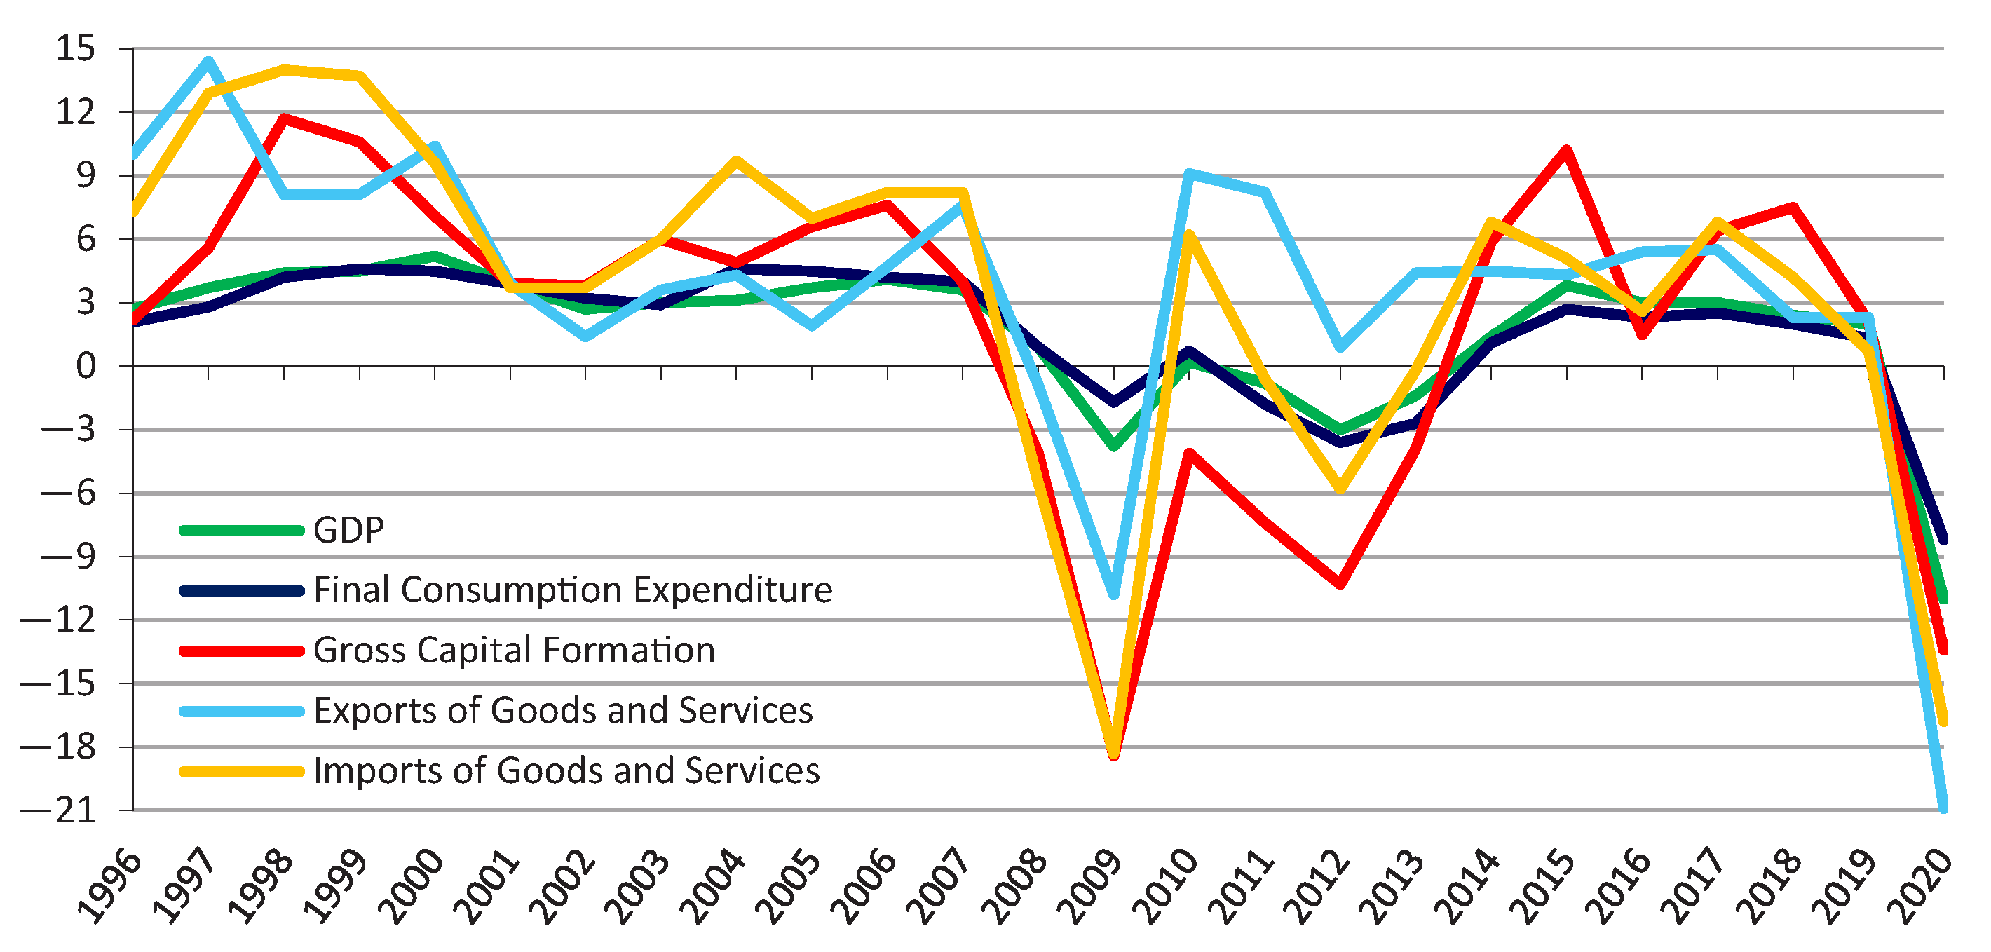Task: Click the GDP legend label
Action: point(348,530)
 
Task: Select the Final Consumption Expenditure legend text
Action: point(573,590)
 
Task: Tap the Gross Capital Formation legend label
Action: point(514,650)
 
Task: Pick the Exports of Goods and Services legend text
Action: point(563,710)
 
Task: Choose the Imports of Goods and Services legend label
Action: point(566,770)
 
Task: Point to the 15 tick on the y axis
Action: point(76,48)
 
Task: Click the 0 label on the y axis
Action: point(86,366)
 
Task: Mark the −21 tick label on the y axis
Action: point(58,810)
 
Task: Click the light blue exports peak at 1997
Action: point(209,60)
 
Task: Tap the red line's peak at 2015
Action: point(1567,149)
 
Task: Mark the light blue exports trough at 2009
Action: point(1114,594)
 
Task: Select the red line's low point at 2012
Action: point(1340,584)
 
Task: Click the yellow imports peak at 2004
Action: point(737,161)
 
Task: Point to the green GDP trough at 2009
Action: point(1114,447)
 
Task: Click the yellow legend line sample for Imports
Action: point(242,771)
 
